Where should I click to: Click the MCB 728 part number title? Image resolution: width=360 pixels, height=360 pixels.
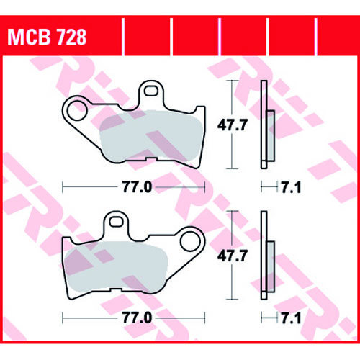coord(47,37)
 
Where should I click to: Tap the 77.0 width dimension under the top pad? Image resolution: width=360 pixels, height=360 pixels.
coord(138,187)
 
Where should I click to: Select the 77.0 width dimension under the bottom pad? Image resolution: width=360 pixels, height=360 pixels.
coord(138,318)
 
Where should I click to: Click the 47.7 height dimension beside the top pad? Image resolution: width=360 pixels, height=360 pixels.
coord(232,125)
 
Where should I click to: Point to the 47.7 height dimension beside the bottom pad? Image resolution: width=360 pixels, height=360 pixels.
coord(232,256)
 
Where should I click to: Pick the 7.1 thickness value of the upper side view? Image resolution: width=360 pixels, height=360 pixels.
coord(291,187)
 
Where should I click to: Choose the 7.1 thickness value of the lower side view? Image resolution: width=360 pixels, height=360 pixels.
coord(291,318)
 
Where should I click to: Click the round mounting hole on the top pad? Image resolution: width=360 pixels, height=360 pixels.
coord(77,111)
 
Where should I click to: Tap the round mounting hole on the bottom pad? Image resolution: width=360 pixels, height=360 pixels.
coord(190,241)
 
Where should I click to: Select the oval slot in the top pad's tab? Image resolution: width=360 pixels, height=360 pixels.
coord(151,91)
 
